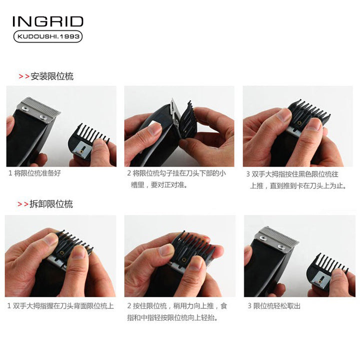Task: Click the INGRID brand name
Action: (x=48, y=21)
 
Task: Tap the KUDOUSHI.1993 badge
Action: (x=48, y=36)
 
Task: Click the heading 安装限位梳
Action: (x=52, y=76)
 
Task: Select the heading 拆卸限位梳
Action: (x=51, y=204)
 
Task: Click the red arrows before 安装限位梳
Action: (x=24, y=76)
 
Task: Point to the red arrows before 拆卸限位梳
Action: (x=23, y=204)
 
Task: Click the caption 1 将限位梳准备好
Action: (x=34, y=173)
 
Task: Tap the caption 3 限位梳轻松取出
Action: (x=274, y=306)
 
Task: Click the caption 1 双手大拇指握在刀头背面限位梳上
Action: (x=60, y=306)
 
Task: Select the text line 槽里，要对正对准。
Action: (x=159, y=184)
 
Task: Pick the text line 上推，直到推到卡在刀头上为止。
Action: (x=298, y=185)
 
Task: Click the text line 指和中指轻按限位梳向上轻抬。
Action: (x=172, y=318)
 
